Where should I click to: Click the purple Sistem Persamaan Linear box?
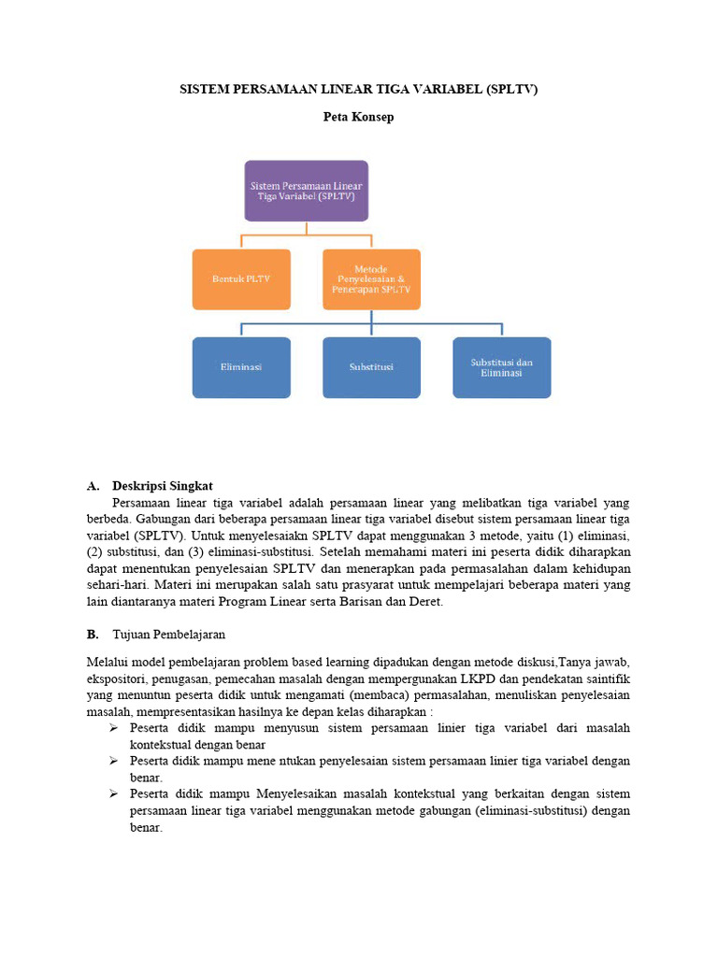306,191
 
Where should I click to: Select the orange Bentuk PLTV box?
241,279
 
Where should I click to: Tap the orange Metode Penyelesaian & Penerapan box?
371,279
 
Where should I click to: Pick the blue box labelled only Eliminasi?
241,367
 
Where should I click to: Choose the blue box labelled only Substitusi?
371,367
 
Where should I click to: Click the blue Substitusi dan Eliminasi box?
502,367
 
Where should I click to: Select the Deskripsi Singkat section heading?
163,486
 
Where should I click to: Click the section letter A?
92,486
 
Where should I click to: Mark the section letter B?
92,634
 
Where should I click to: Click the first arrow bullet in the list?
112,728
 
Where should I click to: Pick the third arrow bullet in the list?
112,794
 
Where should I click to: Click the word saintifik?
605,678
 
